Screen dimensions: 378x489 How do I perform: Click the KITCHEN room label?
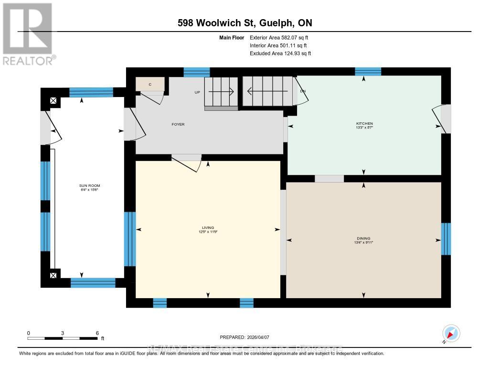(364, 123)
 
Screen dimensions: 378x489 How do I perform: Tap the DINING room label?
(363, 238)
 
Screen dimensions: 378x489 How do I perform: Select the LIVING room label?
(208, 228)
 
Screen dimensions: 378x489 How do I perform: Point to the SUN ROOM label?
(90, 185)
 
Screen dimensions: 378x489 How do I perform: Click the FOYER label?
(178, 125)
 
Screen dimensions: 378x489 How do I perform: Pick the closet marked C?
(150, 84)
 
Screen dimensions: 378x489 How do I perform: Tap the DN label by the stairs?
(302, 91)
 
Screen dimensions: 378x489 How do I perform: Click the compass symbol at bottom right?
(451, 333)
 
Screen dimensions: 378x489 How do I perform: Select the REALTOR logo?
(28, 34)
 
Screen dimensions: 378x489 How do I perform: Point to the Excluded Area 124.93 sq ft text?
(280, 54)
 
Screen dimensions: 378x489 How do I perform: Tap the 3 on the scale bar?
(63, 333)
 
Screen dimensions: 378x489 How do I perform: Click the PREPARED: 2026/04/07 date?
(248, 337)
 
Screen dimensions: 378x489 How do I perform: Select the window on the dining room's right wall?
(446, 239)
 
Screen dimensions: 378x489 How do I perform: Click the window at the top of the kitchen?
(368, 72)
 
